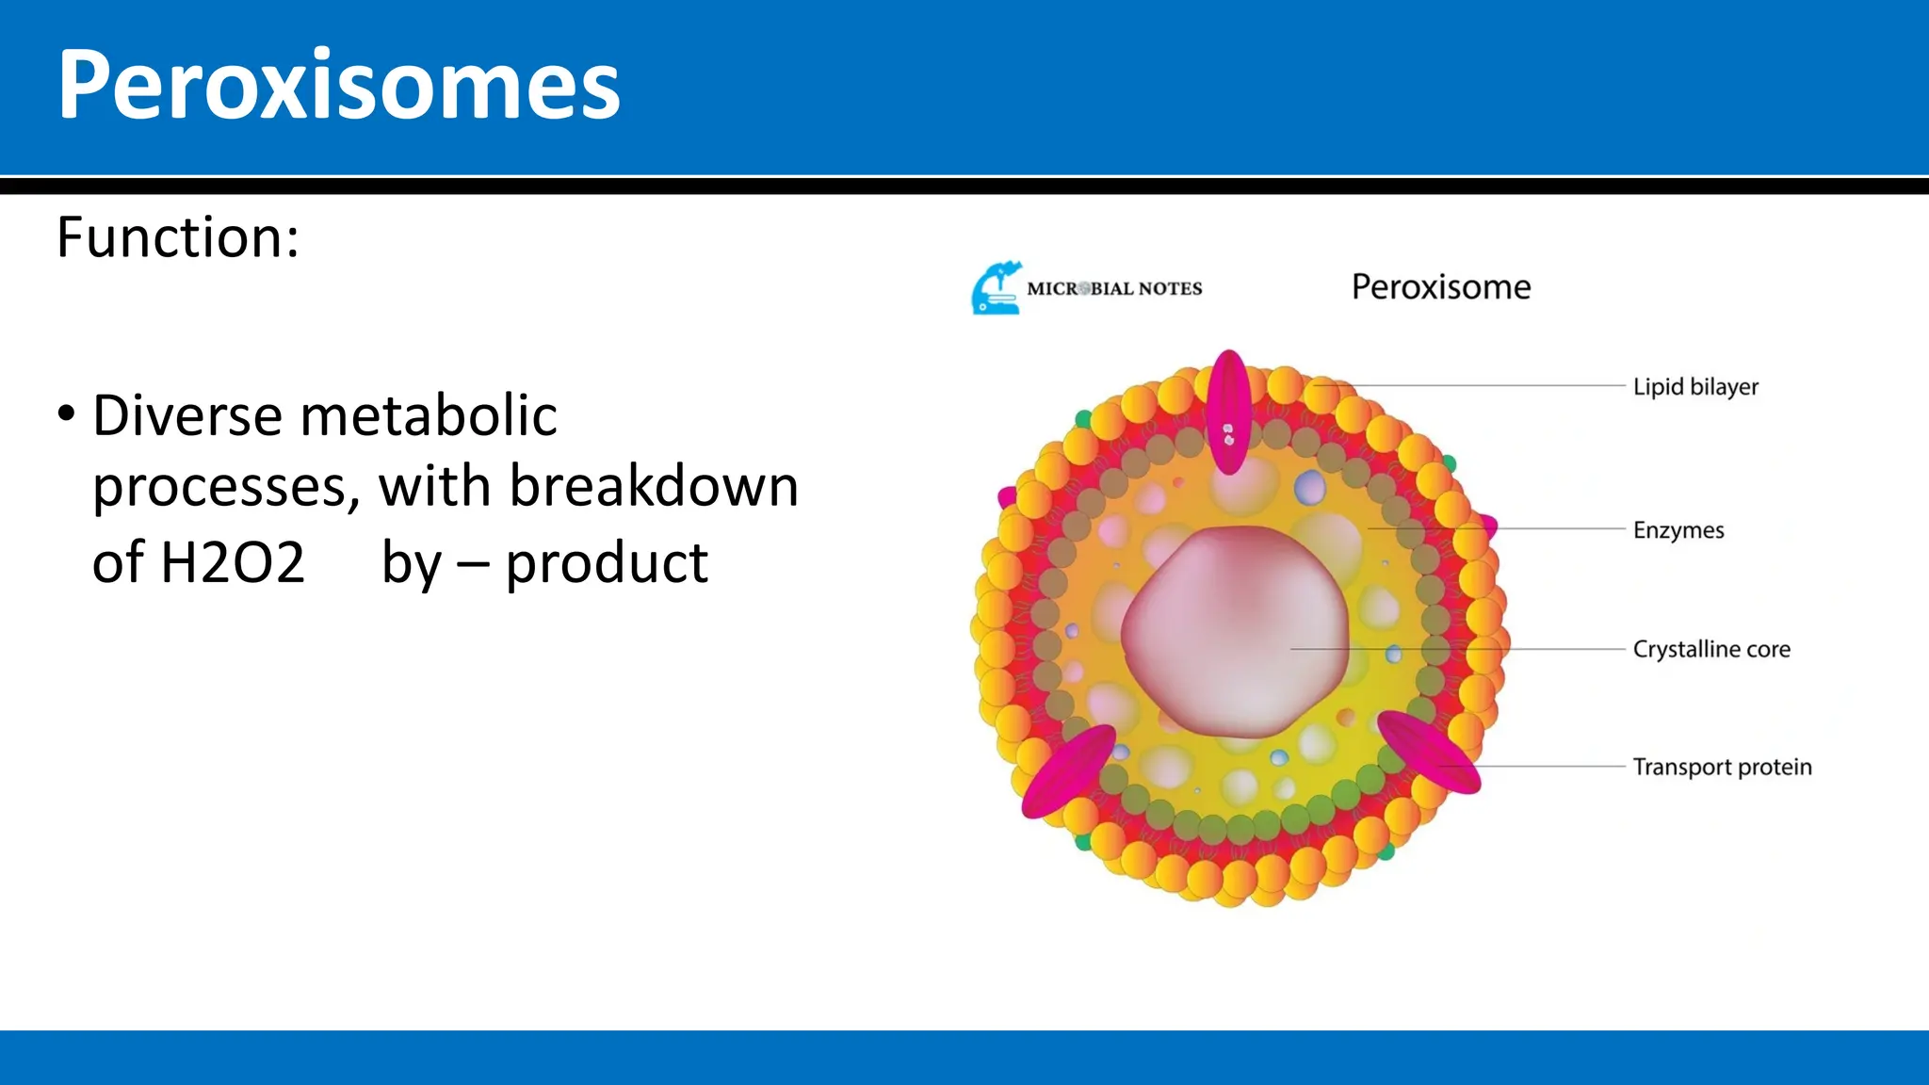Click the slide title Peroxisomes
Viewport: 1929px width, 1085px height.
click(x=338, y=86)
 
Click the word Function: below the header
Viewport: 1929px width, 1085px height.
click(x=178, y=237)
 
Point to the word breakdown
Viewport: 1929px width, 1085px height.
click(x=654, y=487)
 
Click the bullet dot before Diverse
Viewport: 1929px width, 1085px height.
click(x=66, y=413)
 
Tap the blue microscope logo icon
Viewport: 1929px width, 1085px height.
click(x=997, y=288)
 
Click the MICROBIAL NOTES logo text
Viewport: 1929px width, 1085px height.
click(x=1114, y=289)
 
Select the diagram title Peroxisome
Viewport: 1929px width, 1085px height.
click(x=1440, y=287)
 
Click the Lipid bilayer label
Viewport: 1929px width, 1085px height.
click(x=1694, y=387)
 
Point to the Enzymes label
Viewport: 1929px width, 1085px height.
click(x=1678, y=530)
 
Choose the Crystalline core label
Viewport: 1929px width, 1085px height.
click(x=1710, y=650)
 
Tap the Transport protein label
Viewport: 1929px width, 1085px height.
click(x=1721, y=768)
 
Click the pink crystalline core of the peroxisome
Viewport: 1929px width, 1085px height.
click(x=1234, y=631)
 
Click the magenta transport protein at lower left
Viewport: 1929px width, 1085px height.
click(x=1068, y=771)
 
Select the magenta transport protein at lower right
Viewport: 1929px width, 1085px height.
click(x=1427, y=751)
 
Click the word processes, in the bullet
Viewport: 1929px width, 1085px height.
click(x=226, y=487)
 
